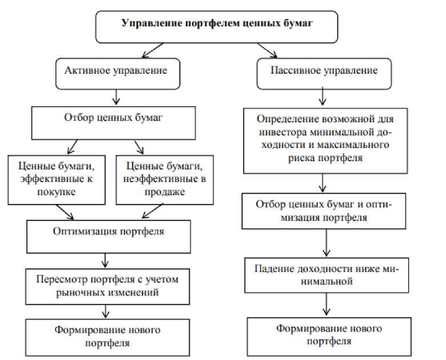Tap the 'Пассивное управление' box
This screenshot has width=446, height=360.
coord(323,72)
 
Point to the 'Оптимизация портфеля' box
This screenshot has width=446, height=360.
coord(108,232)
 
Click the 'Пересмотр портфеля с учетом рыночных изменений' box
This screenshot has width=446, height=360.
coord(108,285)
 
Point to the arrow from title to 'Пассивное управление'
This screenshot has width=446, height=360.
coord(266,51)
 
